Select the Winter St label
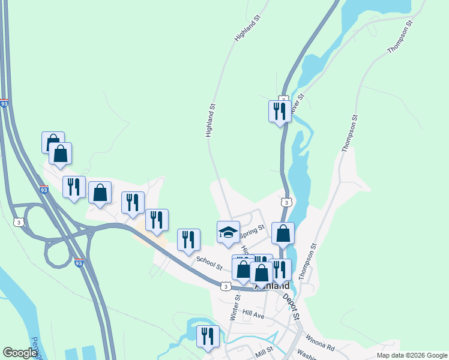[x=236, y=305]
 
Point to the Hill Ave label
[x=253, y=314]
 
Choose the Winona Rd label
[x=318, y=343]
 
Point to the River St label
[x=297, y=103]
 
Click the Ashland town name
[x=272, y=287]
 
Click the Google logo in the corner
[x=20, y=353]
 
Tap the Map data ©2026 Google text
[x=412, y=355]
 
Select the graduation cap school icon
[x=228, y=232]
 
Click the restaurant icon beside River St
[x=280, y=111]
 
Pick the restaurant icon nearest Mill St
[x=208, y=336]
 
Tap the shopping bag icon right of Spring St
[x=283, y=233]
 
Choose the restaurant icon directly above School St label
[x=188, y=239]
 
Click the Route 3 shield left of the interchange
[x=20, y=222]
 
